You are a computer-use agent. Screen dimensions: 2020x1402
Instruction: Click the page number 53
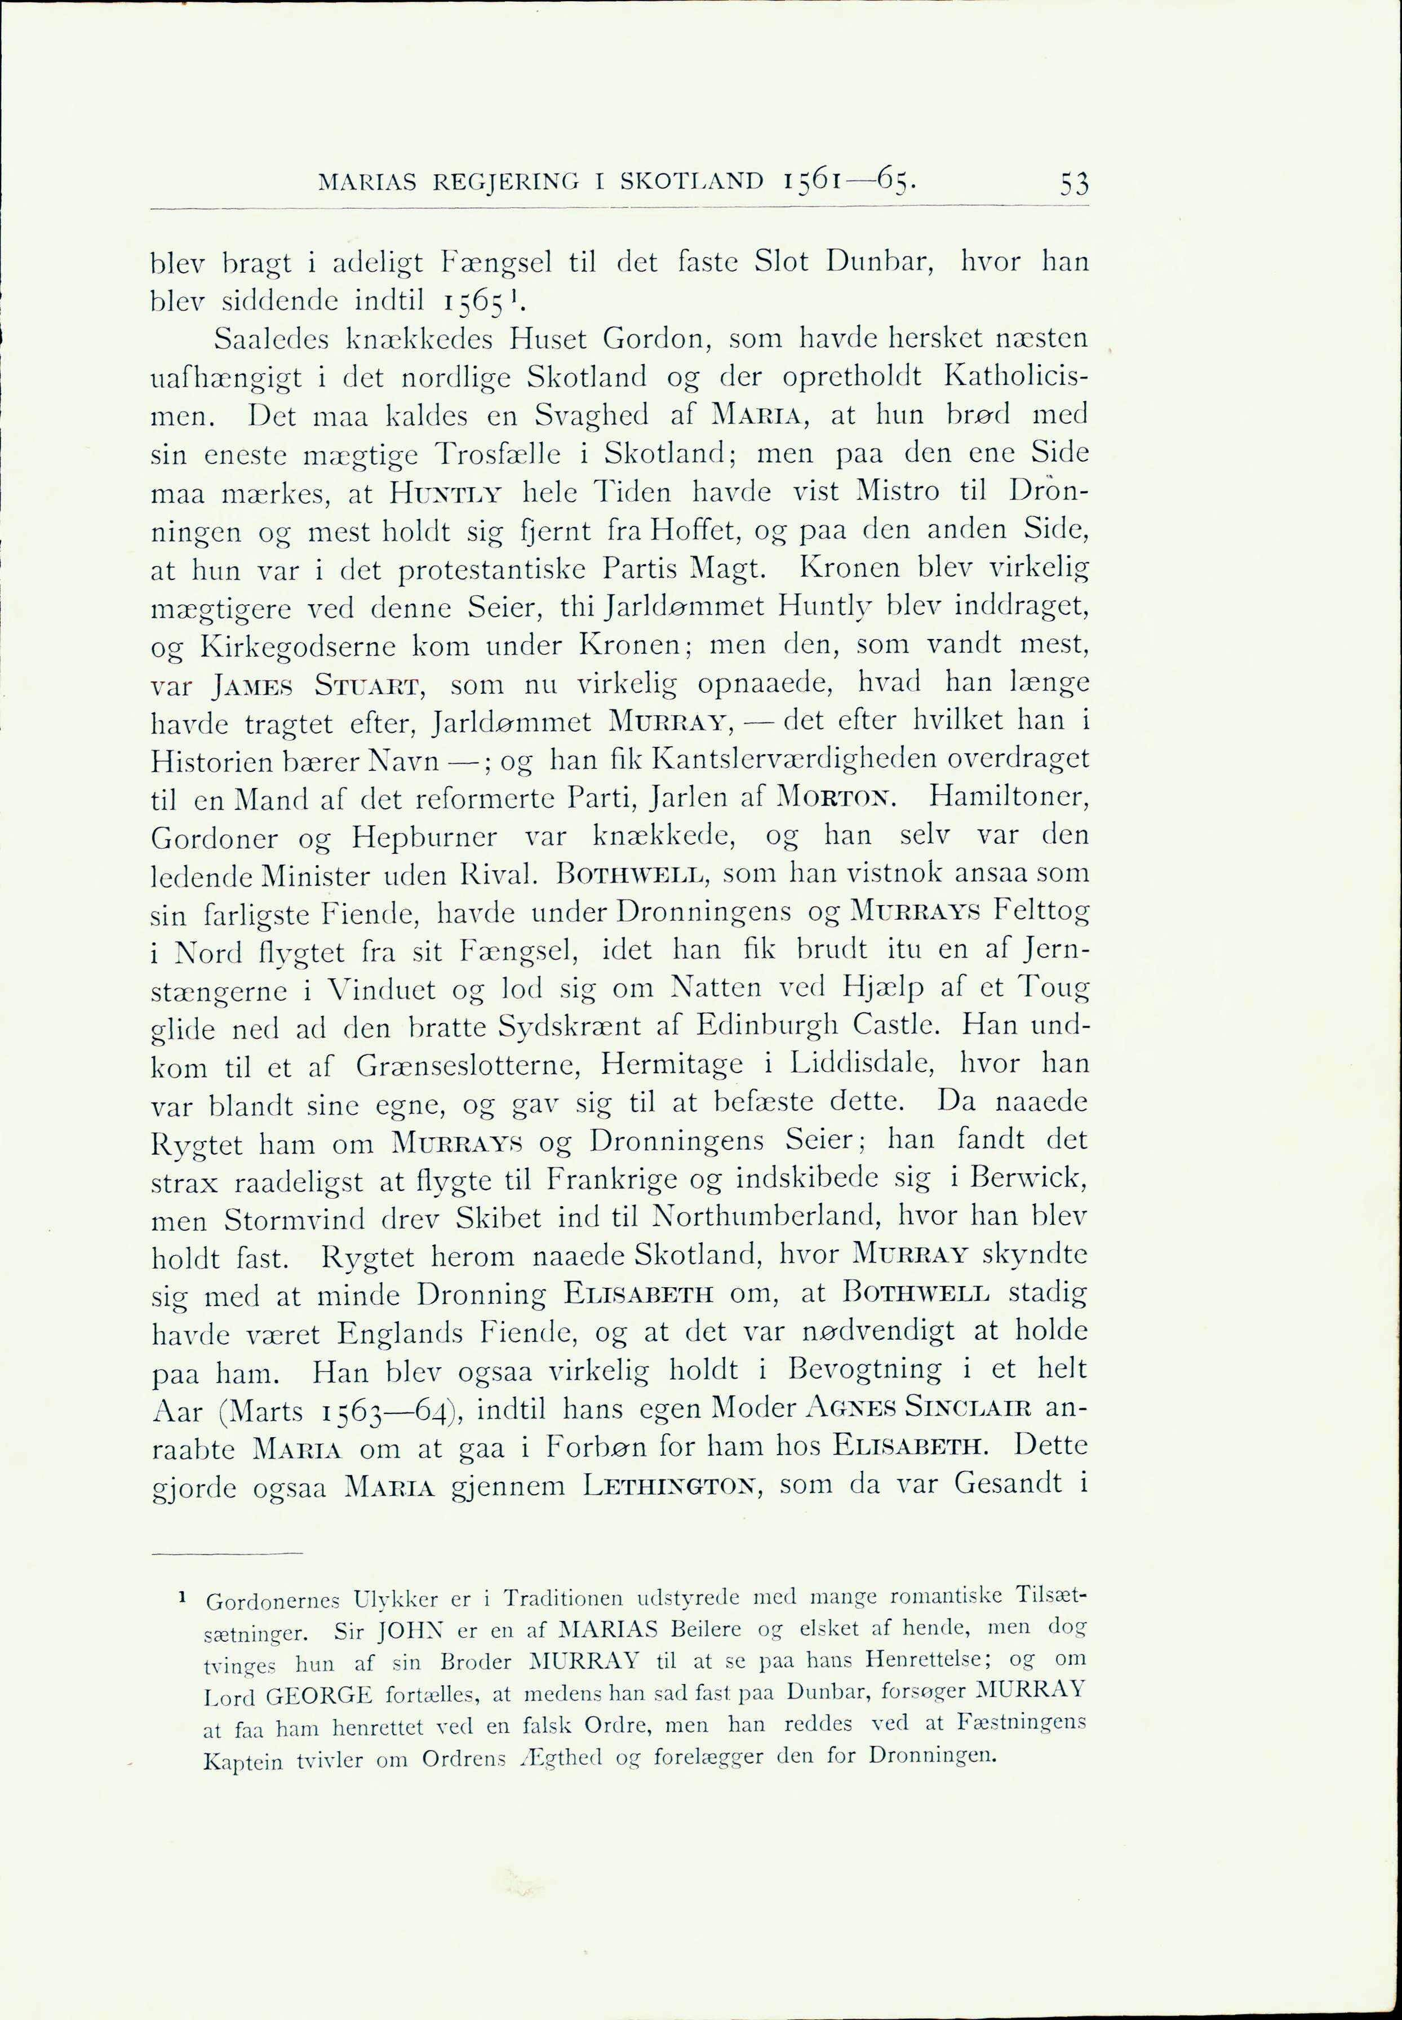[1073, 184]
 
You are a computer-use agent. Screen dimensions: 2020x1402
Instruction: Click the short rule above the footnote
[227, 1553]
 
